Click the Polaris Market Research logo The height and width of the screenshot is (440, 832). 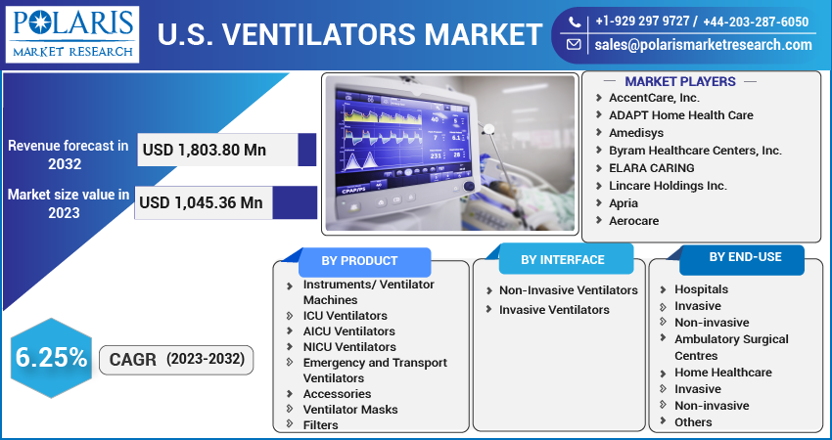[73, 33]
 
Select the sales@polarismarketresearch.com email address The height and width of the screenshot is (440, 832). [703, 45]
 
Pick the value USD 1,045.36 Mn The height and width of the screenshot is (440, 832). [202, 202]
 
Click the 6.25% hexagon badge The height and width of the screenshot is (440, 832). [51, 358]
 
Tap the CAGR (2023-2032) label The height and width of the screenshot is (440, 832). [176, 360]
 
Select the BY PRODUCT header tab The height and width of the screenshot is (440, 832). [360, 261]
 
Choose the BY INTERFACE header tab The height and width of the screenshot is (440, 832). [562, 260]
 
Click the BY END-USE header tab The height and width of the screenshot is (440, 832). [745, 257]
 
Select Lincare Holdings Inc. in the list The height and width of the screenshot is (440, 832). [668, 186]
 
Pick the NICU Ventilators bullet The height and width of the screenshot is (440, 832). [349, 347]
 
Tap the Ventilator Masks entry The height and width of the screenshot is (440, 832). [350, 410]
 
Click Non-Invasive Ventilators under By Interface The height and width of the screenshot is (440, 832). [568, 290]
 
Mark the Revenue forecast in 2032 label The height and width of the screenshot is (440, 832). [69, 154]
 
